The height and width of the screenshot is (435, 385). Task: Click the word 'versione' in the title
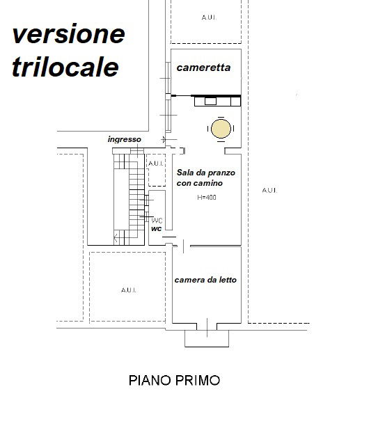[x=69, y=34]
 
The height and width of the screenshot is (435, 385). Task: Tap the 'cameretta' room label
[x=203, y=68]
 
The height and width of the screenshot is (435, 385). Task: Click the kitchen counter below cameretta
[x=217, y=102]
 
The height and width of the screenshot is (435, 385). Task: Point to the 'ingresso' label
[x=124, y=139]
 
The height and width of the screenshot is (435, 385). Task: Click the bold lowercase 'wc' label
[x=157, y=228]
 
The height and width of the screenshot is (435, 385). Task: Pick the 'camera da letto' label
[x=205, y=280]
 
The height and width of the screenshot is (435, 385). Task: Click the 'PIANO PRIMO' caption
[x=174, y=381]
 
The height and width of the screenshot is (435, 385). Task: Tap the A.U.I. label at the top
[x=207, y=17]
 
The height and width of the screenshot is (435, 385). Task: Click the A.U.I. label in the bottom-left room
[x=127, y=290]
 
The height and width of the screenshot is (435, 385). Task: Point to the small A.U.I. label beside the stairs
[x=156, y=164]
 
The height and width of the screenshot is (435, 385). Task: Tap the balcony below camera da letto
[x=207, y=338]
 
